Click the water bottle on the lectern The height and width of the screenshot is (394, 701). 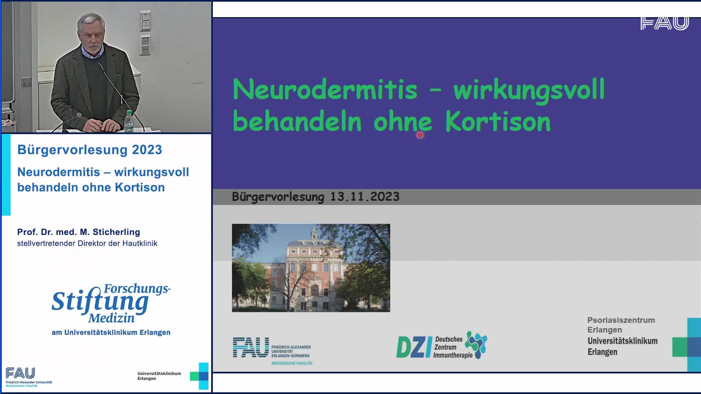(129, 121)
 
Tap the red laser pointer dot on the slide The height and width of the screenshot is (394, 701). (420, 135)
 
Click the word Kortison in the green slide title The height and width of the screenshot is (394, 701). (498, 121)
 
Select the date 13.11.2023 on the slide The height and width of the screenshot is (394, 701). (364, 197)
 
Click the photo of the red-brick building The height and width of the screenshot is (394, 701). (311, 268)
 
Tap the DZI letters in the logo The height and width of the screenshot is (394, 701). (414, 347)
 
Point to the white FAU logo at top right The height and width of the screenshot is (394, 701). (664, 23)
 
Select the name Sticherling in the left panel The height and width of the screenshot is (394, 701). (116, 232)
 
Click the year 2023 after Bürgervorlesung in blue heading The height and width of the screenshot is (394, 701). (147, 150)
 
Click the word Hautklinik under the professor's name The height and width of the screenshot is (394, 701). (139, 243)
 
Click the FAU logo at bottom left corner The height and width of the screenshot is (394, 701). (21, 374)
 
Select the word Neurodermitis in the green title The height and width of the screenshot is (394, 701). (325, 89)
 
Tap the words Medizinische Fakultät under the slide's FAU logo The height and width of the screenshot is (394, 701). (292, 363)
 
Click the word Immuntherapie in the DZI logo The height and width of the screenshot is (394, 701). (453, 355)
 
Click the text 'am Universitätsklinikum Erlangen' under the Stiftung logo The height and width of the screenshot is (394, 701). (111, 332)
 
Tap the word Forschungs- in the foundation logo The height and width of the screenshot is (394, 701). (137, 289)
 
